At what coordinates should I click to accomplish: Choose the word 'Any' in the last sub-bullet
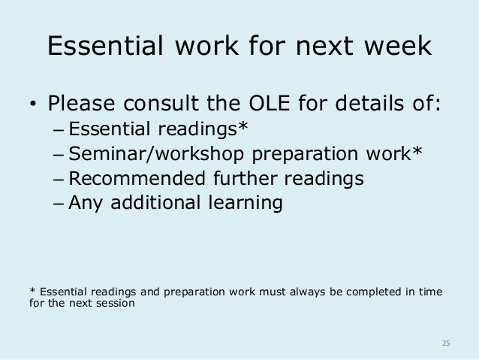coord(84,204)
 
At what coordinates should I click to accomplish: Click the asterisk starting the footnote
coord(32,291)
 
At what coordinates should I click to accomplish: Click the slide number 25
coord(445,343)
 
